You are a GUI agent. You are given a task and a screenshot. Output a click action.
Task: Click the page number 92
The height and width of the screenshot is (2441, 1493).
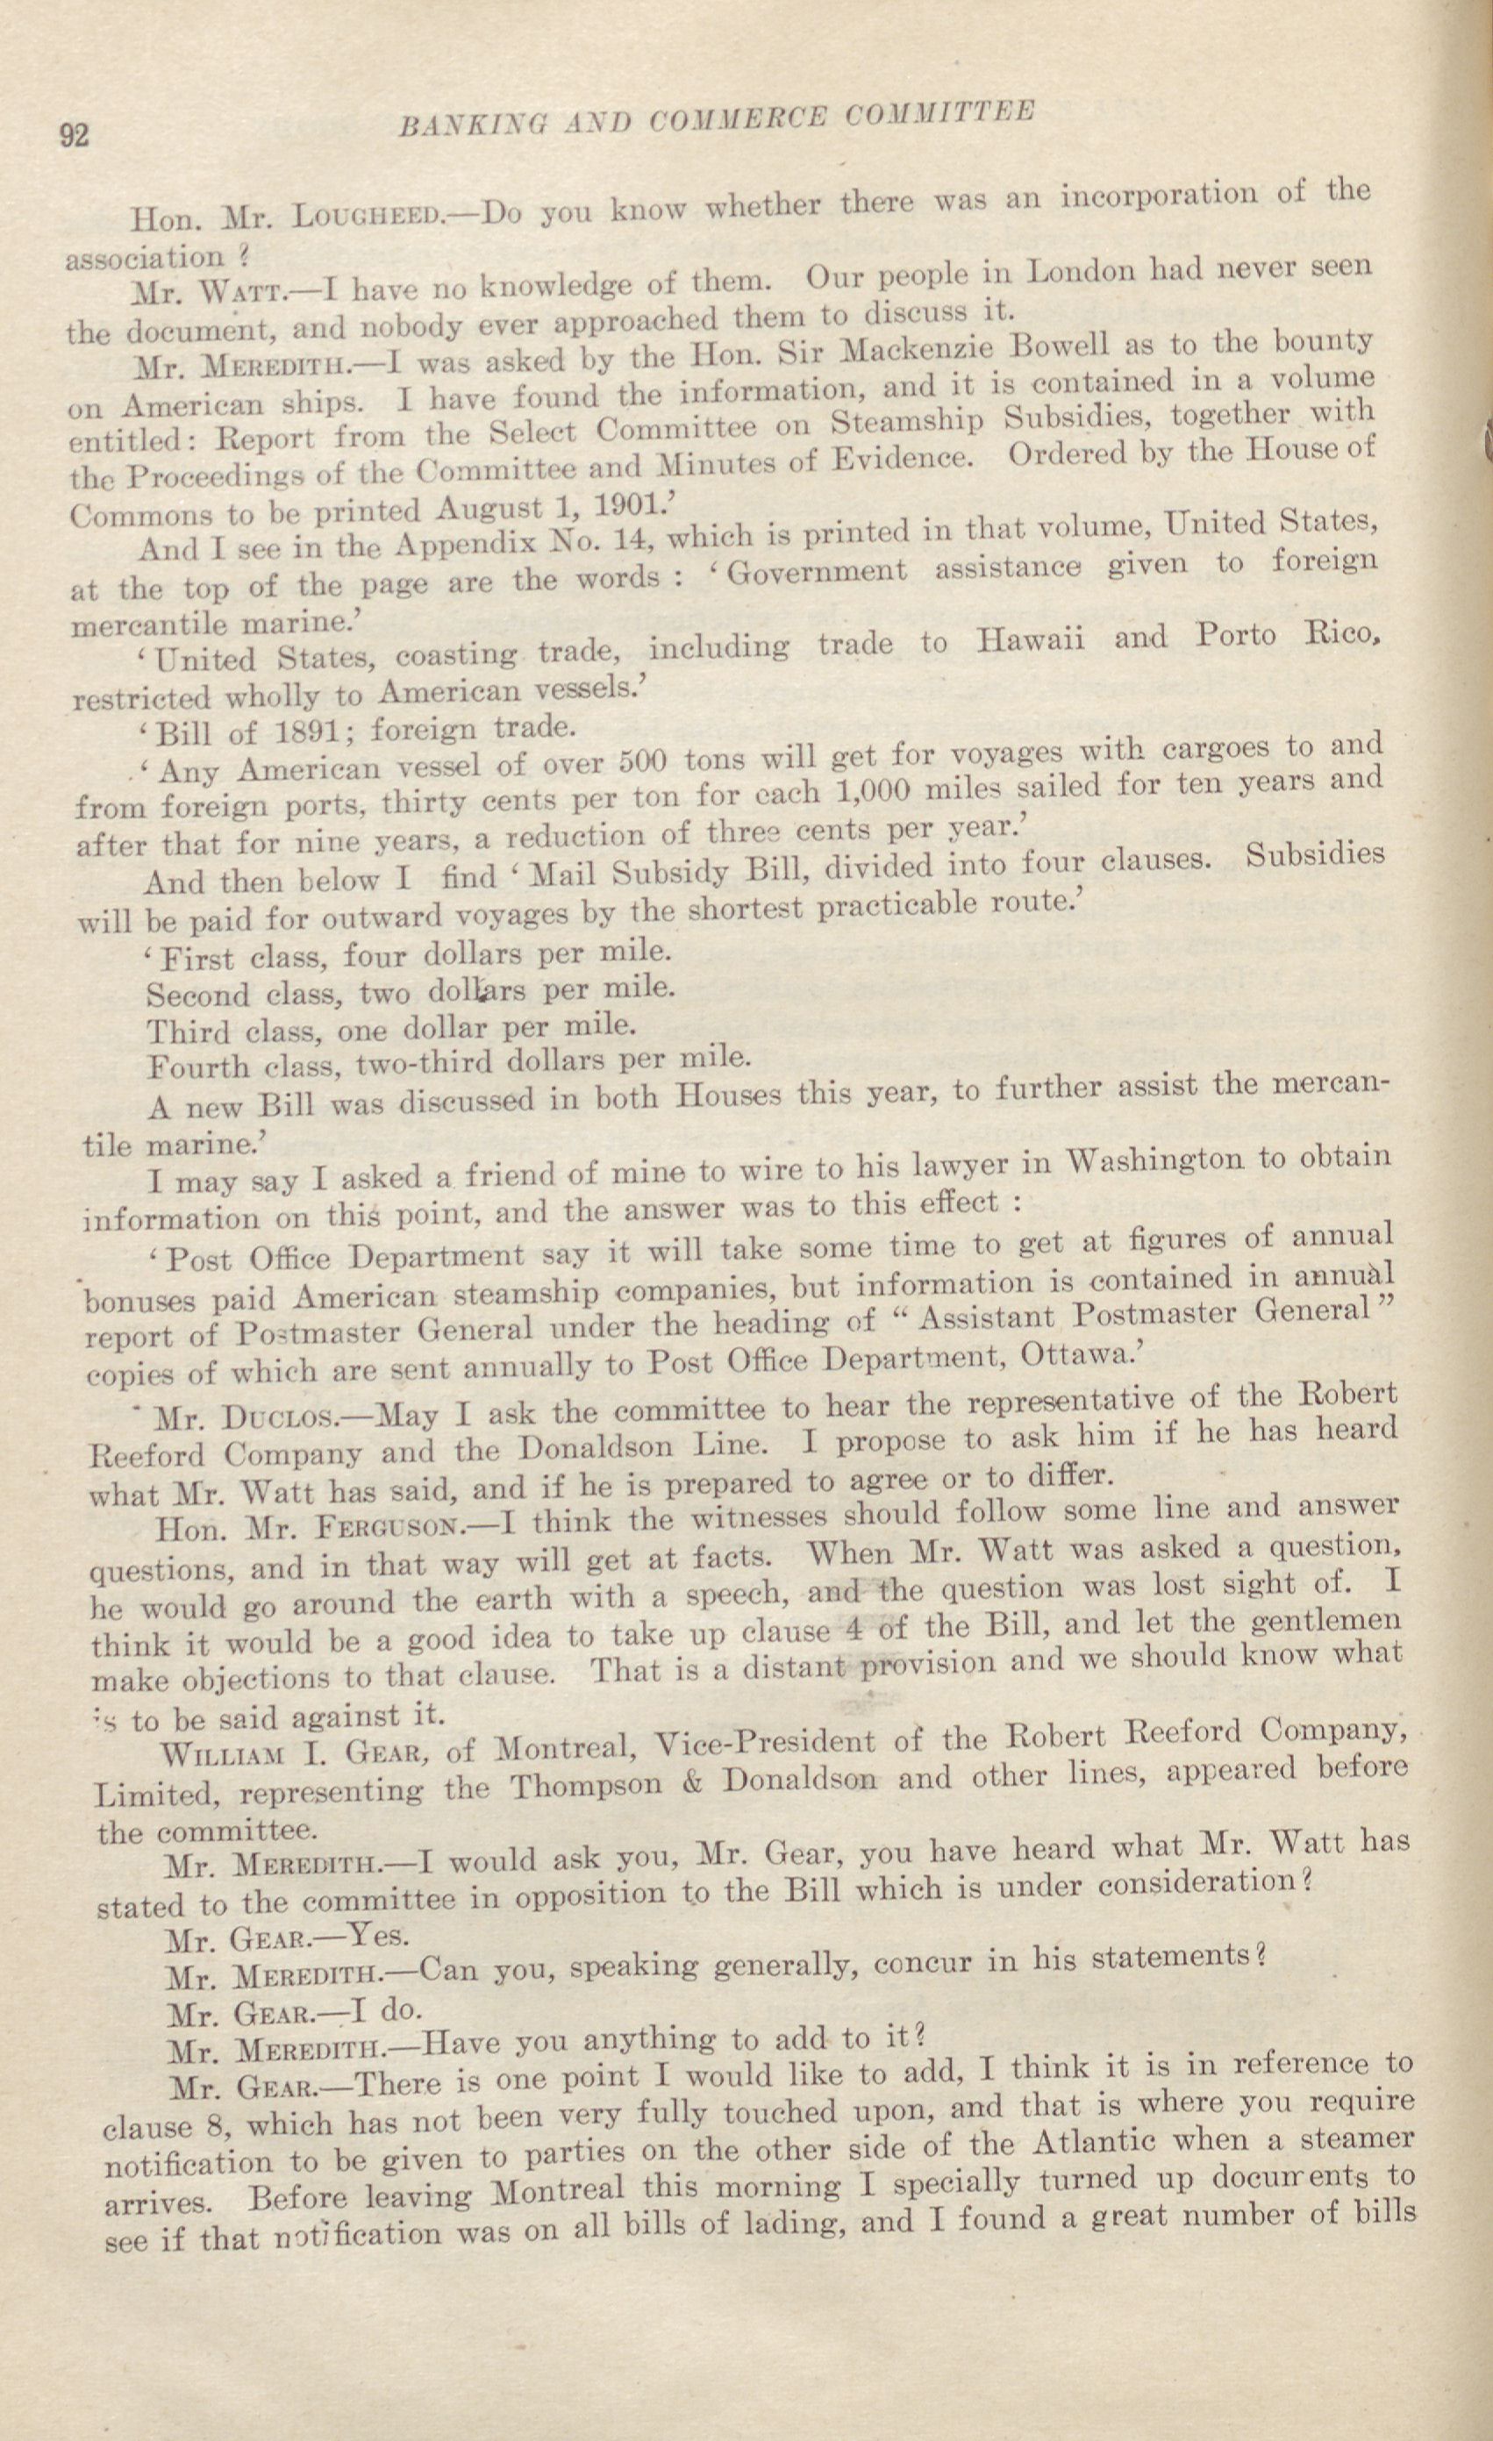click(x=75, y=135)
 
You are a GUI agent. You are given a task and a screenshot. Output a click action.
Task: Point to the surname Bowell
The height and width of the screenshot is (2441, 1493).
click(x=1072, y=351)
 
